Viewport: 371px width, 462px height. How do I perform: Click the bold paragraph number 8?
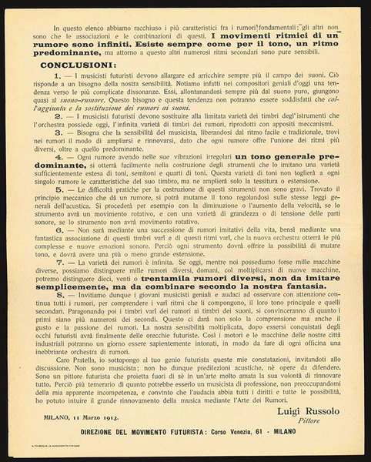47,313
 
